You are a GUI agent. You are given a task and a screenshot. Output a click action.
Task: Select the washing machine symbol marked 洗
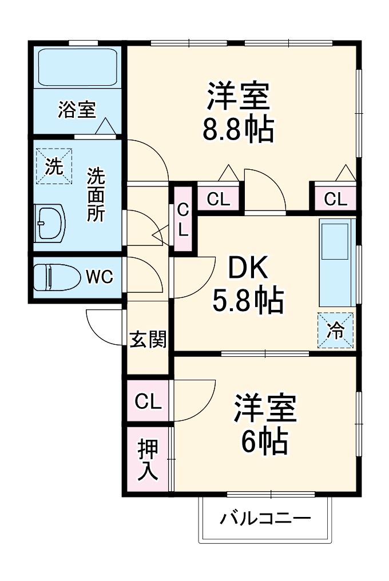[x=54, y=166]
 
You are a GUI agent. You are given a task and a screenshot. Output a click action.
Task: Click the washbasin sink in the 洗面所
[x=50, y=222]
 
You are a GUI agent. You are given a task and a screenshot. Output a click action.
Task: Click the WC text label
[x=100, y=278]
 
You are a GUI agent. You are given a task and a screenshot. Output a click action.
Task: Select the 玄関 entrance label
[x=148, y=339]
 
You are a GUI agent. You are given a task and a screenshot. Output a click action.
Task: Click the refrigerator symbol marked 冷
[x=335, y=331]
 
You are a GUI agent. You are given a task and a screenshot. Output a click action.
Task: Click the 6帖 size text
[x=264, y=440]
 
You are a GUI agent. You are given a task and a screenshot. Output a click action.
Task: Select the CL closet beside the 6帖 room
[x=148, y=401]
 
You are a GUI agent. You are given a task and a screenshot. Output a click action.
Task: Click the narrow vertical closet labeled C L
[x=182, y=219]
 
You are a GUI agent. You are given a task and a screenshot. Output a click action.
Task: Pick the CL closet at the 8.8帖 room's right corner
[x=335, y=199]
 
